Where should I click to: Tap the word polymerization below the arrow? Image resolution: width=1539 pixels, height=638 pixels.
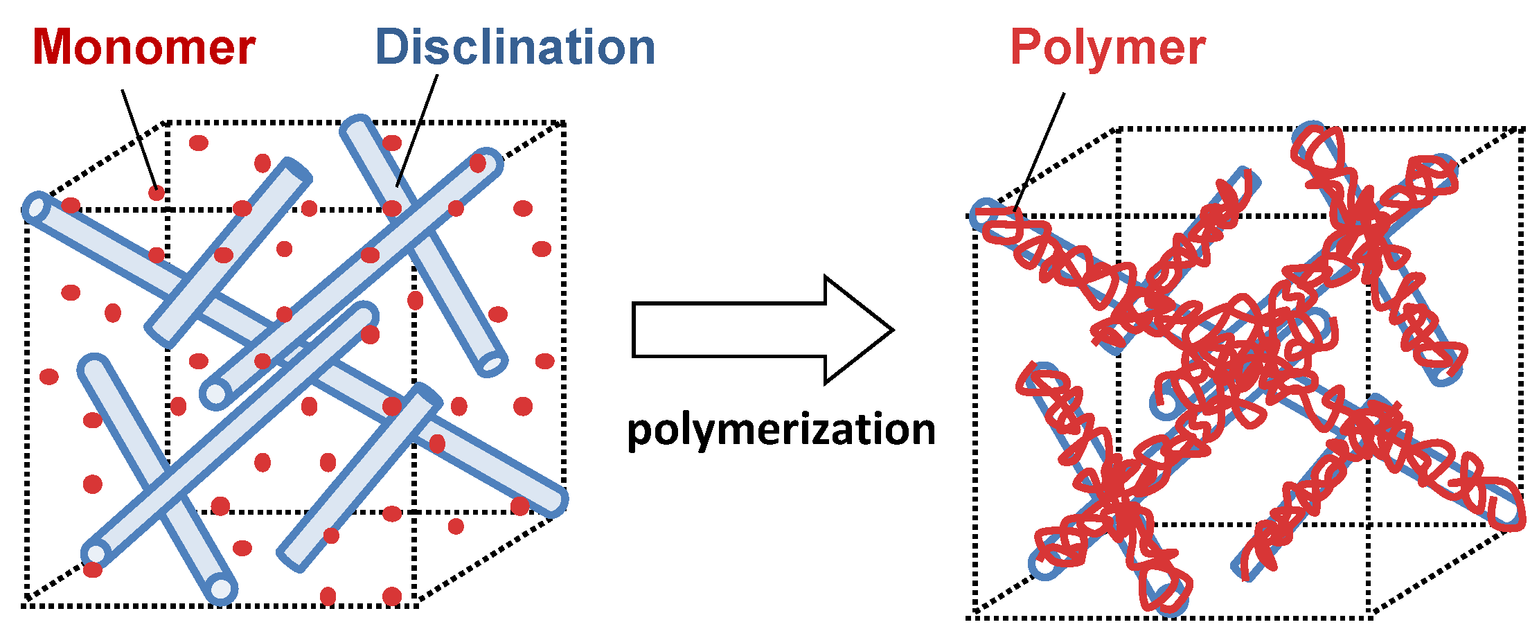tap(781, 429)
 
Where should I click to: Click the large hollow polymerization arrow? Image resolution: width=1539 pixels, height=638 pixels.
tap(762, 330)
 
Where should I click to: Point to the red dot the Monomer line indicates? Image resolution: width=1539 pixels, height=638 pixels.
tap(157, 193)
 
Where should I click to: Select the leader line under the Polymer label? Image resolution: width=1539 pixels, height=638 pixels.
tap(1039, 152)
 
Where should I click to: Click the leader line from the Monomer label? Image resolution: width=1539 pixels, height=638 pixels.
tap(139, 139)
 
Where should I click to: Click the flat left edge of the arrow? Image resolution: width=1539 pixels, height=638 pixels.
tap(634, 330)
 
